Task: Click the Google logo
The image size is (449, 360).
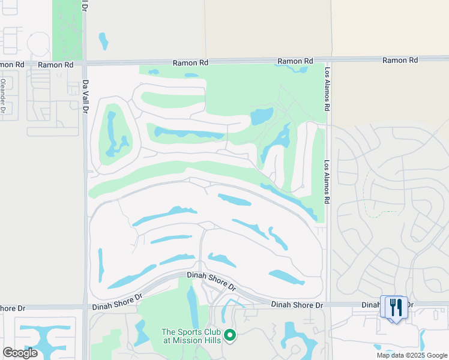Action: point(20,353)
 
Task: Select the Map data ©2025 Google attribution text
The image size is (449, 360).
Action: point(411,355)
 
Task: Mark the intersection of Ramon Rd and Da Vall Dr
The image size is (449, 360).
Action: point(85,62)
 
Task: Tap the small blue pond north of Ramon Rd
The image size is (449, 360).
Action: point(103,41)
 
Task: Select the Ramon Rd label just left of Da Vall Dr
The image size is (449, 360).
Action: point(56,64)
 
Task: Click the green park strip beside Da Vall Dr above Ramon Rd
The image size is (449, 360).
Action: point(67,30)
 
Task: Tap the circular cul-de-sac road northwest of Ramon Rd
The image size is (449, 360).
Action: point(38,43)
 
